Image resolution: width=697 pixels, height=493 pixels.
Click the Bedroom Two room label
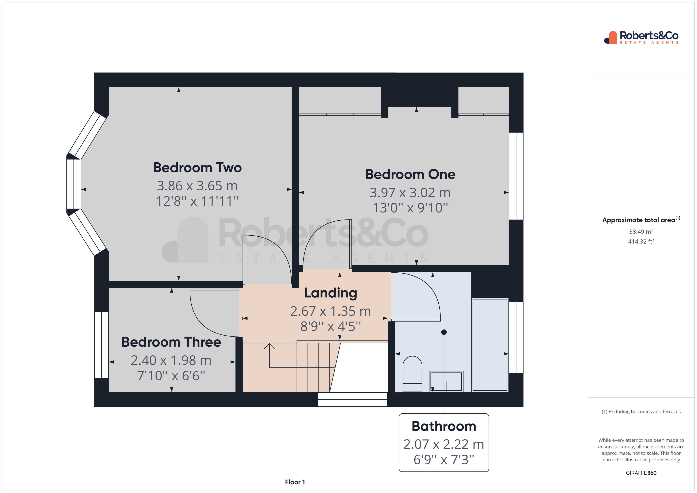pyautogui.click(x=197, y=167)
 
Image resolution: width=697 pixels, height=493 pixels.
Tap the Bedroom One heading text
pyautogui.click(x=410, y=174)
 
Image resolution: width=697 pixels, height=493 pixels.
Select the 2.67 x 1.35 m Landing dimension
pyautogui.click(x=331, y=311)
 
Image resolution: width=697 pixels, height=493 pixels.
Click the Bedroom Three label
pyautogui.click(x=171, y=342)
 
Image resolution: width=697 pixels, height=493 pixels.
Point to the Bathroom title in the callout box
pyautogui.click(x=444, y=426)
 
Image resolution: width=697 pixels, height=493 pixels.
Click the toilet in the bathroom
pyautogui.click(x=412, y=374)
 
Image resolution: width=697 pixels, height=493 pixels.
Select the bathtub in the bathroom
pyautogui.click(x=490, y=344)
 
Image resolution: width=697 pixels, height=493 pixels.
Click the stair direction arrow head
pyautogui.click(x=269, y=345)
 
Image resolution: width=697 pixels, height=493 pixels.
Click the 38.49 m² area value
pyautogui.click(x=641, y=232)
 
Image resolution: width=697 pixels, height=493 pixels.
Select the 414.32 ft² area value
pyautogui.click(x=641, y=242)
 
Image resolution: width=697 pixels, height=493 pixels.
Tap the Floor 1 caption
pyautogui.click(x=295, y=482)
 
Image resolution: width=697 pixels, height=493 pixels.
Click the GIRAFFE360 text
pyautogui.click(x=641, y=473)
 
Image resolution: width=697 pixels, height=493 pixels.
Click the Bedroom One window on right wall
pyautogui.click(x=516, y=176)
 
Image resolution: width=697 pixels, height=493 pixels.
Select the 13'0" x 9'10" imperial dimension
pyautogui.click(x=410, y=208)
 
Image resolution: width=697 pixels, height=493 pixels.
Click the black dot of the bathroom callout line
pyautogui.click(x=444, y=332)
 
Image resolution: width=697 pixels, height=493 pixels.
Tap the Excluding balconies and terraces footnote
pyautogui.click(x=641, y=412)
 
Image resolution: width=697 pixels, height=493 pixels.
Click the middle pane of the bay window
pyautogui.click(x=74, y=184)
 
